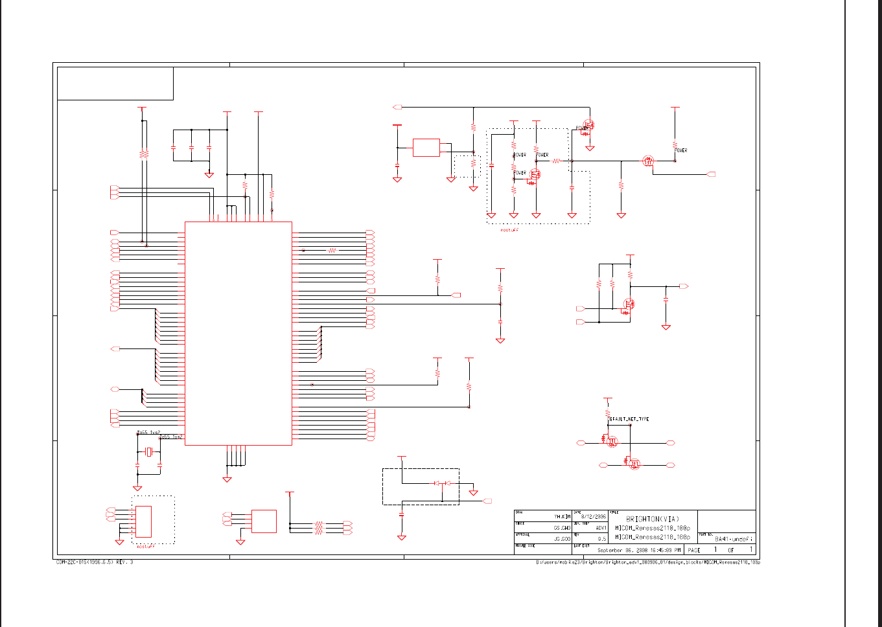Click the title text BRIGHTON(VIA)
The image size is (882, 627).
pyautogui.click(x=653, y=519)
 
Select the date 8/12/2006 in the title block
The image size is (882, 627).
pyautogui.click(x=594, y=516)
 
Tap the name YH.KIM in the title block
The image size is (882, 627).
pyautogui.click(x=562, y=517)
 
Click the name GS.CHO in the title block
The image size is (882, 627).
pyautogui.click(x=562, y=528)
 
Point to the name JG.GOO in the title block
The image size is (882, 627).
pyautogui.click(x=562, y=539)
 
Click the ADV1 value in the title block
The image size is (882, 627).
pyautogui.click(x=601, y=528)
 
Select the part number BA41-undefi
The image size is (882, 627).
pyautogui.click(x=734, y=539)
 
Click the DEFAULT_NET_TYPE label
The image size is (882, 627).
pyautogui.click(x=628, y=419)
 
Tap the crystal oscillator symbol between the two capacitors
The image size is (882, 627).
pyautogui.click(x=148, y=452)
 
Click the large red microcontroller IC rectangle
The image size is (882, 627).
pyautogui.click(x=238, y=334)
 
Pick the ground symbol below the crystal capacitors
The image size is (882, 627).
pyautogui.click(x=137, y=488)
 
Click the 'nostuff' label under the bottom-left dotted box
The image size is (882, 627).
pyautogui.click(x=146, y=547)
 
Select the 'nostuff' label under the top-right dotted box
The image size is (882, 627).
pyautogui.click(x=509, y=229)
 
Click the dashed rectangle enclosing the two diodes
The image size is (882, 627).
pyautogui.click(x=421, y=486)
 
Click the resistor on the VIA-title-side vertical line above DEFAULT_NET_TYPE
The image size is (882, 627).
pyautogui.click(x=608, y=413)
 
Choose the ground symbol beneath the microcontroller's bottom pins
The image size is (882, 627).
pyautogui.click(x=227, y=479)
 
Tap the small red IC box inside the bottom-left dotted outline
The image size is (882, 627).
pyautogui.click(x=143, y=521)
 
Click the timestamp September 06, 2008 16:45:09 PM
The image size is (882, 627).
pyautogui.click(x=639, y=550)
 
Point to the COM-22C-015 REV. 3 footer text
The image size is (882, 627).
pyautogui.click(x=95, y=562)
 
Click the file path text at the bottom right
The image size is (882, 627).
pyautogui.click(x=647, y=562)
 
